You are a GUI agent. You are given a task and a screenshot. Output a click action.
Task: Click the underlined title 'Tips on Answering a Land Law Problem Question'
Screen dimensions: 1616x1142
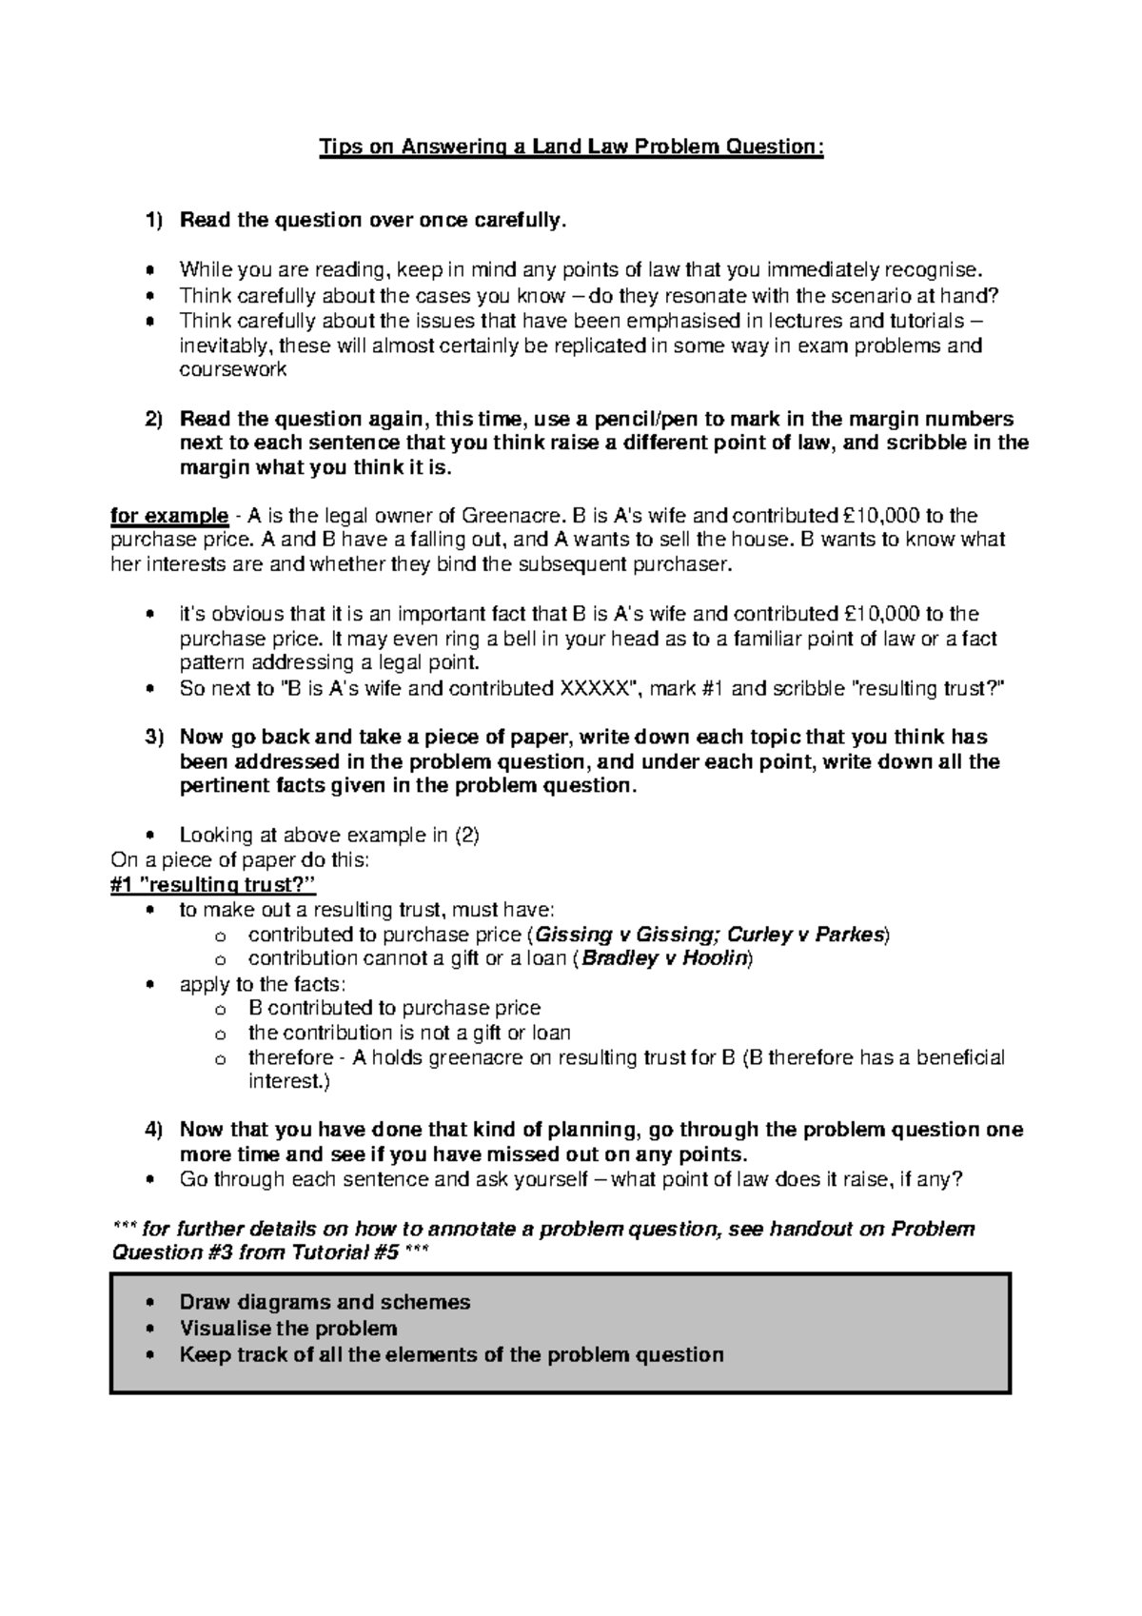click(570, 147)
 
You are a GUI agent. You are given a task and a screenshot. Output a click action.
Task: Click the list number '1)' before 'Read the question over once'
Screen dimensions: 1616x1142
click(153, 221)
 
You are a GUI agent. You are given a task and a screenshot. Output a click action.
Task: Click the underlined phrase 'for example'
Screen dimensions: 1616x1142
click(169, 516)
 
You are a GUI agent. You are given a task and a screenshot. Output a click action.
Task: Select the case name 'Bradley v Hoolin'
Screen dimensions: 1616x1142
click(666, 958)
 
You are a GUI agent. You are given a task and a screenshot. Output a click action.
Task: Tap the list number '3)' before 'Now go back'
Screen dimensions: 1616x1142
click(153, 738)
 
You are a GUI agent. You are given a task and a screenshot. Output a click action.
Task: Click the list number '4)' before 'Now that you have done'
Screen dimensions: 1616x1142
click(153, 1130)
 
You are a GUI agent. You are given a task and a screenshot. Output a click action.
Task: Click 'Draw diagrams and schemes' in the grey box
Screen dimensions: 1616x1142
click(325, 1302)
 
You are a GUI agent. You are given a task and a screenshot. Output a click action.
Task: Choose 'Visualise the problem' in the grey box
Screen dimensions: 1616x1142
click(288, 1328)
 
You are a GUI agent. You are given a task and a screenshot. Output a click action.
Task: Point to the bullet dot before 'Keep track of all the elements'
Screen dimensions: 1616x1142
click(148, 1355)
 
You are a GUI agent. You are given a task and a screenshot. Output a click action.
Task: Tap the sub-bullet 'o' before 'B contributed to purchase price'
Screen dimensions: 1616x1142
click(221, 1009)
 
